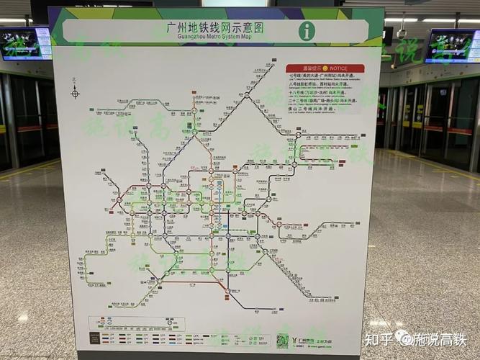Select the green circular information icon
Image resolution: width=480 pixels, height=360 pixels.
307,30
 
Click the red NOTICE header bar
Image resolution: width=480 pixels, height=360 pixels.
325,68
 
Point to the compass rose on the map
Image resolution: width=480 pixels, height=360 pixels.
75,91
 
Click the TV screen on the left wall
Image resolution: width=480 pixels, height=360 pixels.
25,43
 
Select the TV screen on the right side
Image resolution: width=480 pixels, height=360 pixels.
451,45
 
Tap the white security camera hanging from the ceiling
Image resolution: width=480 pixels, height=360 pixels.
401,33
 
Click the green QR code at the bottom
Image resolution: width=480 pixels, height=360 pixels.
283,341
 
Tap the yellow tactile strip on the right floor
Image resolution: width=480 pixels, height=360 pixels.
432,165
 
